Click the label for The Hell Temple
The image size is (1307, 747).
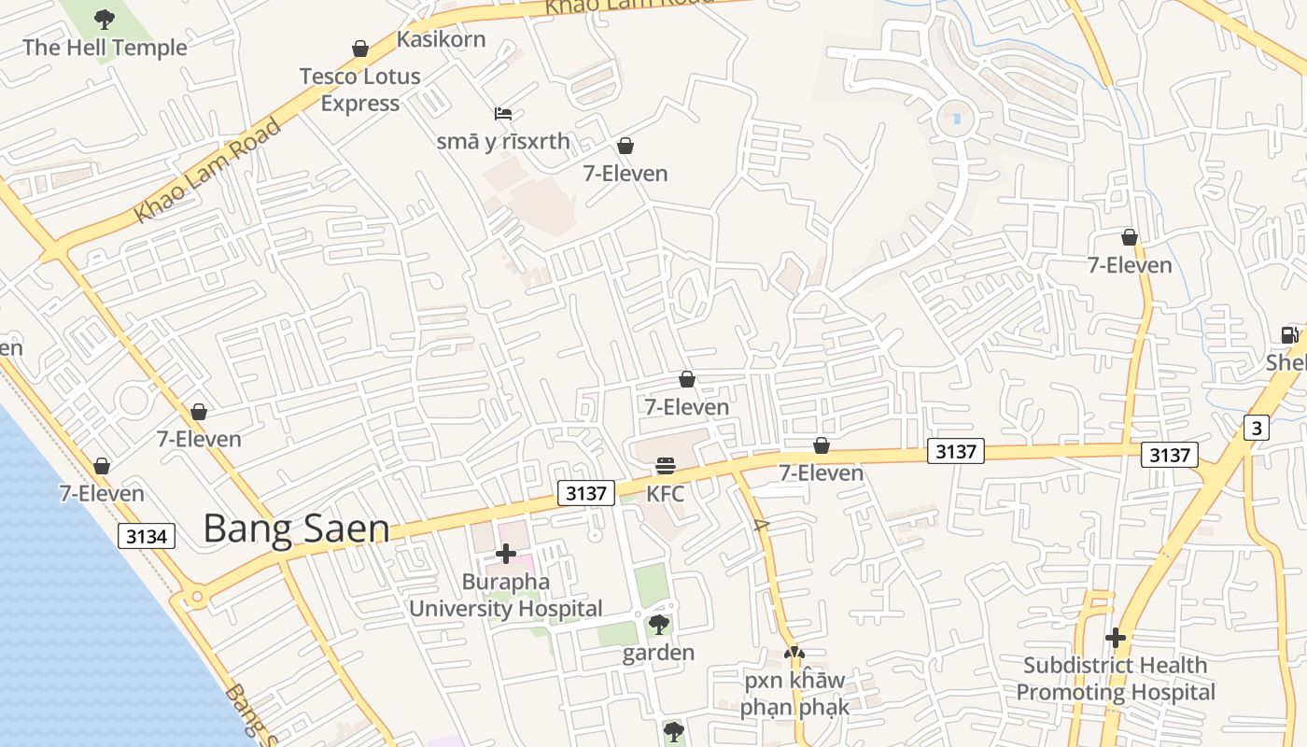(105, 48)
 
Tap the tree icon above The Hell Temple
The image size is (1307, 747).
(105, 18)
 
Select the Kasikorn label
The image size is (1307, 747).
(442, 39)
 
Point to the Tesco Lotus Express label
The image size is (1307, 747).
(359, 90)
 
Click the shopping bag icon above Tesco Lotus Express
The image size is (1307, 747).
(359, 49)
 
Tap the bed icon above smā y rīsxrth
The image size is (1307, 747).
(503, 114)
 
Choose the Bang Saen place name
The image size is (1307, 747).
(296, 529)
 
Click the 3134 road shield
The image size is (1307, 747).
(147, 536)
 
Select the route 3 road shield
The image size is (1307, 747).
(1257, 429)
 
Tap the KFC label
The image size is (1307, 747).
(665, 494)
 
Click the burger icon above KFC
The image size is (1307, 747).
(665, 465)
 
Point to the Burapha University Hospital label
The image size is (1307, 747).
(505, 596)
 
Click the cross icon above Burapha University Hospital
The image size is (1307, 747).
(505, 554)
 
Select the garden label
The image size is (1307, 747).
(658, 653)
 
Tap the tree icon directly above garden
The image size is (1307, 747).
(658, 624)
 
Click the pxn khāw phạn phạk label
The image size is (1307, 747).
(794, 694)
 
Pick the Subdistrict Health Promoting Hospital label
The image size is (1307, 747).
(1116, 679)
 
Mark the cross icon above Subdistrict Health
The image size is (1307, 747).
(1116, 638)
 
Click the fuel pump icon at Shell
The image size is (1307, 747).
(1289, 334)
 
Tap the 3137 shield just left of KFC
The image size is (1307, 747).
(586, 493)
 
